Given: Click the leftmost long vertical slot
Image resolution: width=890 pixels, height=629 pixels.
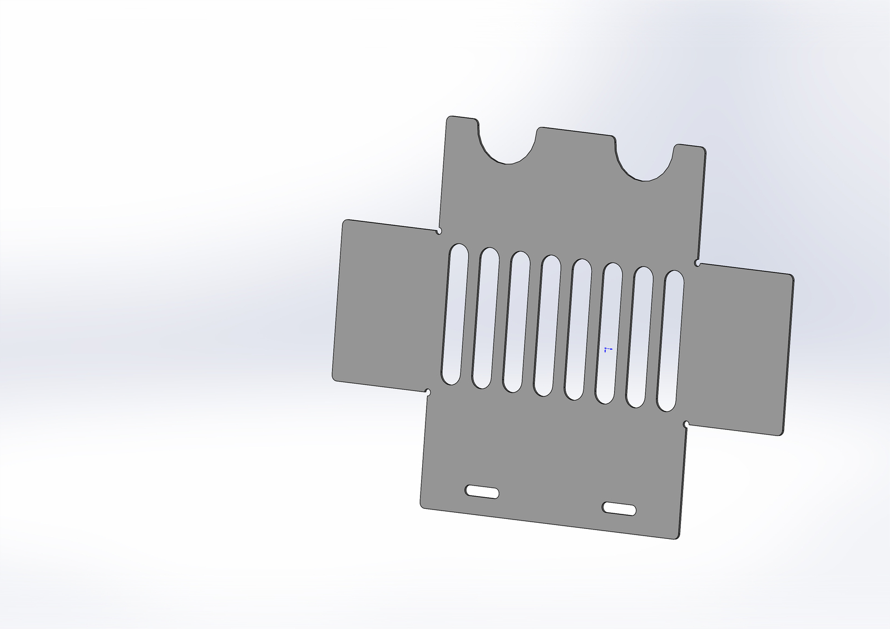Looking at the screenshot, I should tap(454, 314).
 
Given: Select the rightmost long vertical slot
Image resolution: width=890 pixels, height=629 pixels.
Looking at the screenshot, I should tap(670, 341).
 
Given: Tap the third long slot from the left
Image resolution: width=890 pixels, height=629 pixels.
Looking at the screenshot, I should tap(516, 322).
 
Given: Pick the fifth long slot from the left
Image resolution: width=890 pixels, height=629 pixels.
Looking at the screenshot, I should tap(578, 329).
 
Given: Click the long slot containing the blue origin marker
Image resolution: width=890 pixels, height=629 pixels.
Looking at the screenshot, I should tap(609, 333).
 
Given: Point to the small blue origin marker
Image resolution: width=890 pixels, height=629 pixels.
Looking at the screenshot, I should tap(606, 349).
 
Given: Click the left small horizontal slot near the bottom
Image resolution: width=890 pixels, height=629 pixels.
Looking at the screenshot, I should tap(482, 492).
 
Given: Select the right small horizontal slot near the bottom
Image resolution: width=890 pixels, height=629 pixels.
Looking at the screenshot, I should tap(620, 508).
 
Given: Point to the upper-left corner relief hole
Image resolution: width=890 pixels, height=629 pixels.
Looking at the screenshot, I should tap(439, 230).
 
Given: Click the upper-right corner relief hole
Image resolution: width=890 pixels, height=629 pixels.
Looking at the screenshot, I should tap(698, 263).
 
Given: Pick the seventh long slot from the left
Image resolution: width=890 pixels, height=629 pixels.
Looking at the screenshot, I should tap(640, 337).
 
